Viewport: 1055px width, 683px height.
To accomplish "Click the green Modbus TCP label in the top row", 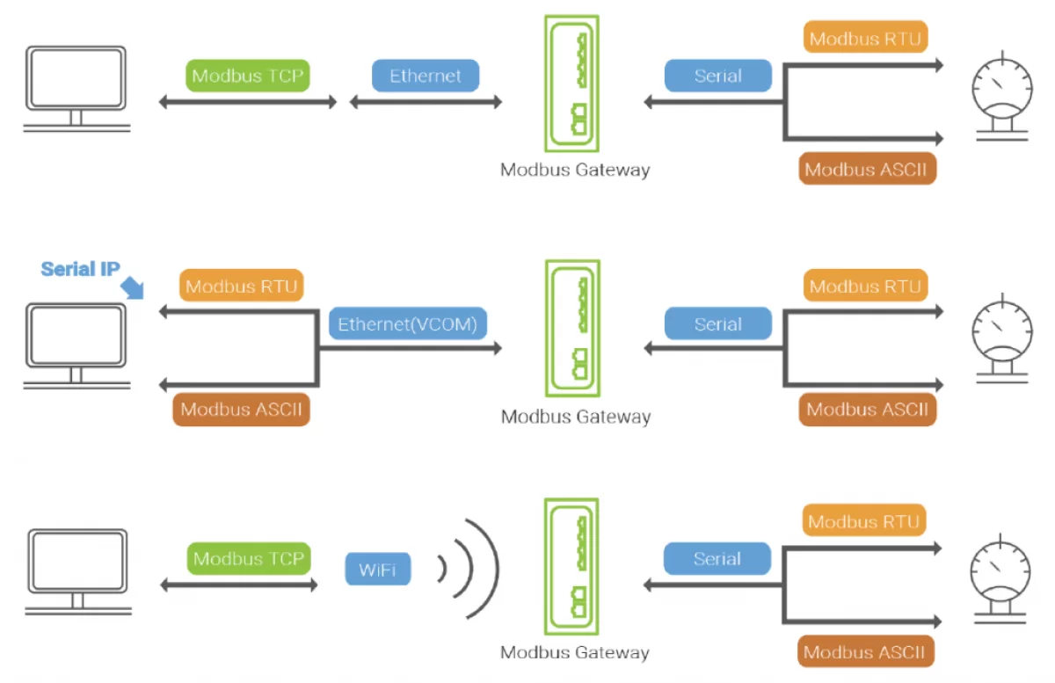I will [x=248, y=76].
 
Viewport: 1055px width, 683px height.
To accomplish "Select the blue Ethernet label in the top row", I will [x=426, y=76].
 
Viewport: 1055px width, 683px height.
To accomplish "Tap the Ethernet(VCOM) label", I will [x=407, y=324].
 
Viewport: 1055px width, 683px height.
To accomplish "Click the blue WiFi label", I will [x=377, y=570].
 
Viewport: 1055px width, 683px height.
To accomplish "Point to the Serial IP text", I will [x=80, y=269].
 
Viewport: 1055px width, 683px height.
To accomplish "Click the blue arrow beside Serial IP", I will [x=134, y=288].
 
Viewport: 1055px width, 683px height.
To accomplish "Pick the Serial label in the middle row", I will [x=717, y=324].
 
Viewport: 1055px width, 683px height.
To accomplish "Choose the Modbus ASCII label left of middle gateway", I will [x=241, y=410].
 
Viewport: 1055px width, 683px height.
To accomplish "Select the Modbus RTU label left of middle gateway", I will [x=241, y=287].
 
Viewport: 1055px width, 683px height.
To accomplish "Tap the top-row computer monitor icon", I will [x=76, y=88].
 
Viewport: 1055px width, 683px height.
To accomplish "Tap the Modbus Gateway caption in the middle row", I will [x=575, y=417].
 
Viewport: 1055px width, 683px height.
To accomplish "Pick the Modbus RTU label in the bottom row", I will [x=863, y=522].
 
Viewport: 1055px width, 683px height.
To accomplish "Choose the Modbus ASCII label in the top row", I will [x=867, y=170].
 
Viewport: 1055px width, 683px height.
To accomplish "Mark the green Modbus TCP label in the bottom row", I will [x=249, y=558].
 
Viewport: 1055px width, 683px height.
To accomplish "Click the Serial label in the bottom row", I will [x=717, y=559].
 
